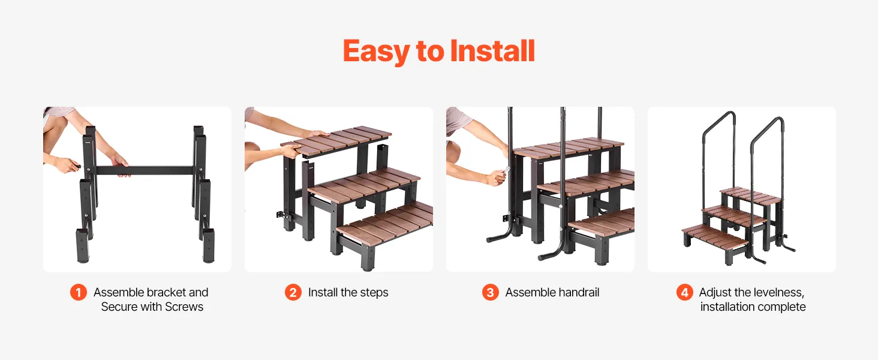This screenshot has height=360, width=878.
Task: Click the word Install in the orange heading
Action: pyautogui.click(x=493, y=51)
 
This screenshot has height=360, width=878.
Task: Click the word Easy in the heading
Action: pyautogui.click(x=376, y=52)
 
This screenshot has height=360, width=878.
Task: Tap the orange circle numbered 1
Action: pyautogui.click(x=79, y=293)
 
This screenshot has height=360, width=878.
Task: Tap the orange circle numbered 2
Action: pyautogui.click(x=293, y=293)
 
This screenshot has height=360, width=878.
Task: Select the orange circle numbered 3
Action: pyautogui.click(x=491, y=293)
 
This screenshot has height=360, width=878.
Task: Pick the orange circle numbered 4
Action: pyautogui.click(x=685, y=293)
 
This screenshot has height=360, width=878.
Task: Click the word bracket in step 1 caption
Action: pyautogui.click(x=166, y=293)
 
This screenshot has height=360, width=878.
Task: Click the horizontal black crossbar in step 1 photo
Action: pyautogui.click(x=145, y=170)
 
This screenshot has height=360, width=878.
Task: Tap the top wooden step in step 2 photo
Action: pyautogui.click(x=336, y=140)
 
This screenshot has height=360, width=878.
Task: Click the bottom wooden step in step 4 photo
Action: pyautogui.click(x=715, y=236)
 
